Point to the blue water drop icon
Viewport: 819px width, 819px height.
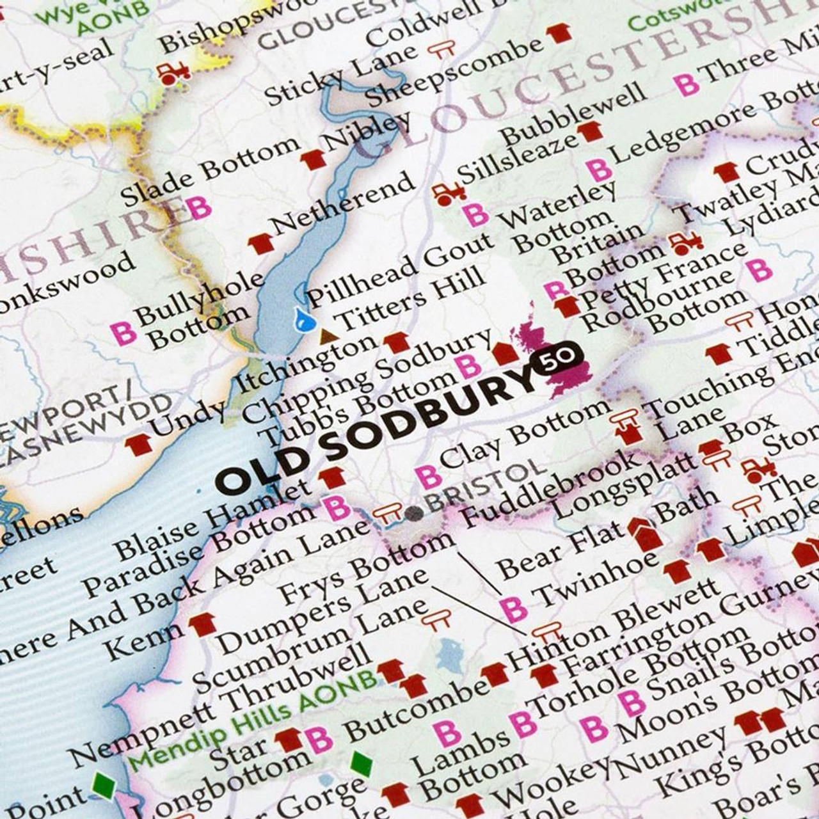pyautogui.click(x=298, y=319)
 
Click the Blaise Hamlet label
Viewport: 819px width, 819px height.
pyautogui.click(x=212, y=521)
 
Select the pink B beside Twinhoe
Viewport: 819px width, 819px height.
pyautogui.click(x=513, y=608)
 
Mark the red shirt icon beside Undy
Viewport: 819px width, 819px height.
pyautogui.click(x=139, y=443)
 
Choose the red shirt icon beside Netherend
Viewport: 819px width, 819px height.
pyautogui.click(x=260, y=243)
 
